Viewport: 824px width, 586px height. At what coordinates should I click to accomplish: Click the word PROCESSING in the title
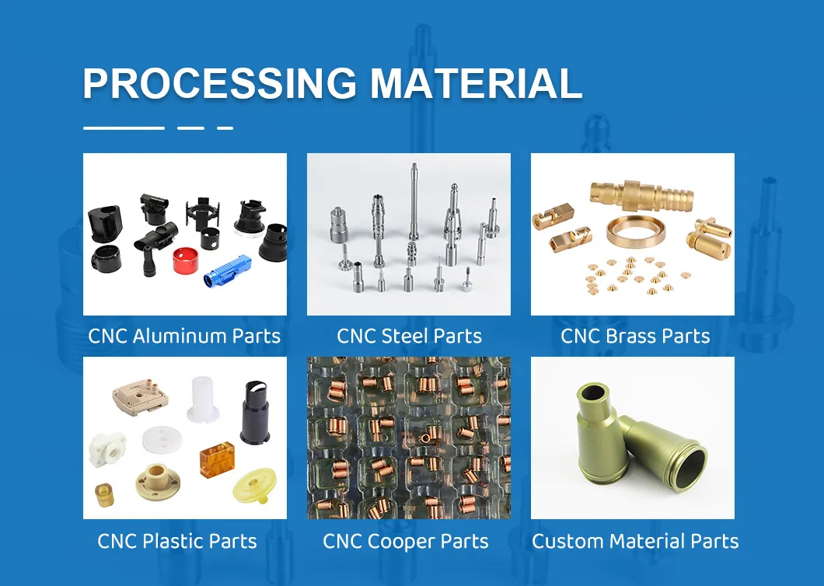click(x=219, y=83)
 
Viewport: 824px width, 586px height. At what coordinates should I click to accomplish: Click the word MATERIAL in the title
click(x=476, y=83)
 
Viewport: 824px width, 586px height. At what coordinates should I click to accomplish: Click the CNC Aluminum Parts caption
click(x=184, y=337)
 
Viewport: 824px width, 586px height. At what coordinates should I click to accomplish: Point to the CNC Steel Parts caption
click(x=409, y=337)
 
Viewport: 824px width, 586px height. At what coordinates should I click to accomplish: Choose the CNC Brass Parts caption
click(x=635, y=337)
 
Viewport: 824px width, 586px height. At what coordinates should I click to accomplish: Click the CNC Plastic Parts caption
click(x=177, y=541)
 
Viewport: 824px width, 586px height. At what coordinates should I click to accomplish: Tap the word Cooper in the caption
click(x=405, y=541)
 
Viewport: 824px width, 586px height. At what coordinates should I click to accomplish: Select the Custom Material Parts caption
click(x=635, y=541)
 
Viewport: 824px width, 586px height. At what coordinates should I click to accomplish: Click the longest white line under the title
click(x=124, y=127)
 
